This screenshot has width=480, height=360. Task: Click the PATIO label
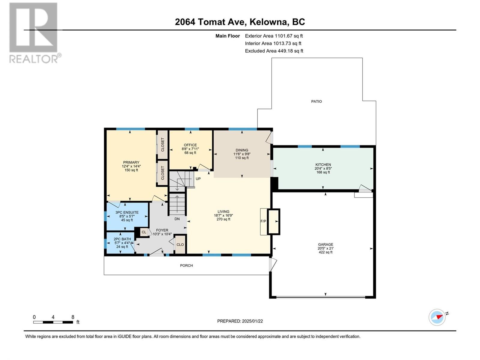316,101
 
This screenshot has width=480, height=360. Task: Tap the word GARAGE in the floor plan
325,244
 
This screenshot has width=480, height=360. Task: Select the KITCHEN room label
323,165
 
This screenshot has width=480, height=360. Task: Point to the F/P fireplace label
263,221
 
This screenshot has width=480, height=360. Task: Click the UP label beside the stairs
198,178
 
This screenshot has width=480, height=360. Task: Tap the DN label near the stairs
177,219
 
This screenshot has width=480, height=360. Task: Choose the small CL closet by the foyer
144,232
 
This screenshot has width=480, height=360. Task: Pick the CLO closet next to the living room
180,244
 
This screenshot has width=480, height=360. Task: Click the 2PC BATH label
122,239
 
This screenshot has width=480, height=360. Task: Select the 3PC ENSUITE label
127,212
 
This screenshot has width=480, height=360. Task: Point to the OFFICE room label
190,145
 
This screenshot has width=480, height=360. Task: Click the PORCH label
186,265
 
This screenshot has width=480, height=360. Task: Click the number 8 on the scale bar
73,317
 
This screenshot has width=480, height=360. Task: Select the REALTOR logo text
34,59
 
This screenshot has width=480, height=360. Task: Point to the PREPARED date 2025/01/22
252,321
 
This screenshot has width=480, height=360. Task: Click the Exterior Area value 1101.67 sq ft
289,36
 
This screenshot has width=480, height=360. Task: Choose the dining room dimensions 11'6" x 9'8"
241,154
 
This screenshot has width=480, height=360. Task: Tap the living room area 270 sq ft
223,219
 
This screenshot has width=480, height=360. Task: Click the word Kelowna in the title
268,22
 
